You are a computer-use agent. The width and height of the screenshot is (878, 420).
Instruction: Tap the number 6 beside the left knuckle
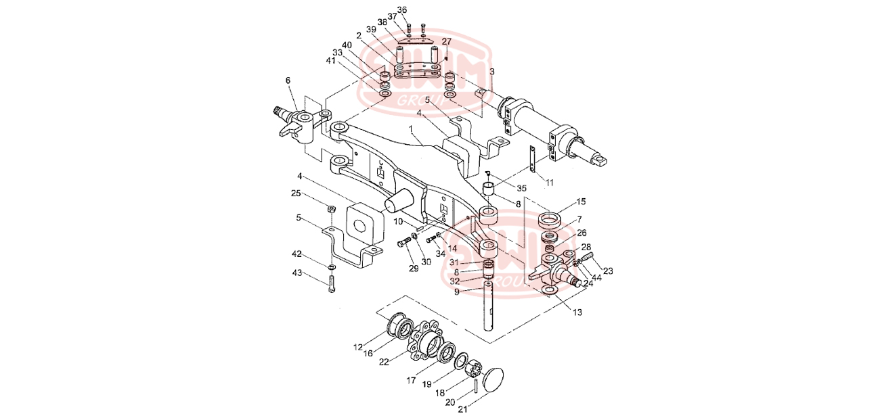click(x=288, y=80)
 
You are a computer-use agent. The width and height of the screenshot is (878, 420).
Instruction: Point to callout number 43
click(x=297, y=273)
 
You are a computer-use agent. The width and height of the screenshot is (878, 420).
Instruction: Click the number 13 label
click(x=577, y=312)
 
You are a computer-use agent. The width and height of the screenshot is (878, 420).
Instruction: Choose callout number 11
click(x=550, y=183)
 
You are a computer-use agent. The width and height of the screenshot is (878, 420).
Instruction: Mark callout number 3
click(x=492, y=71)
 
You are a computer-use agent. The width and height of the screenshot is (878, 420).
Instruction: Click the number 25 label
click(x=296, y=193)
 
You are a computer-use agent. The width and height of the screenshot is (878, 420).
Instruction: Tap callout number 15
click(x=581, y=202)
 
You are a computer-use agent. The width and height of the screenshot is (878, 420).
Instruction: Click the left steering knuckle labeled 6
click(x=297, y=122)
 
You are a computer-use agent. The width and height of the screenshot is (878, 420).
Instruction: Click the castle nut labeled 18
click(x=473, y=371)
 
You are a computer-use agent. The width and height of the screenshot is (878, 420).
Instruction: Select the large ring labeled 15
click(x=551, y=220)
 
